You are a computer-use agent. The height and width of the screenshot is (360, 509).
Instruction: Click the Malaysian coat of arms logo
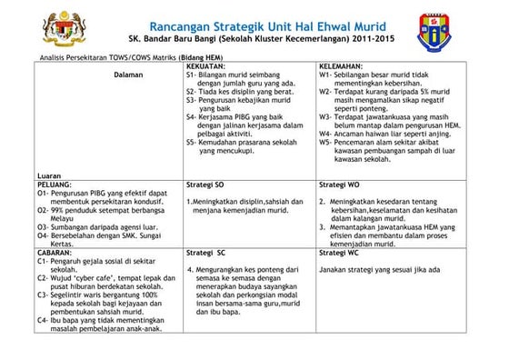click(x=41, y=26)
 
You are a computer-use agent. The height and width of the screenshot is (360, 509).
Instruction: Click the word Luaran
click(x=51, y=175)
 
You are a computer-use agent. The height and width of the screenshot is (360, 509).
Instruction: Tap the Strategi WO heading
click(x=342, y=183)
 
